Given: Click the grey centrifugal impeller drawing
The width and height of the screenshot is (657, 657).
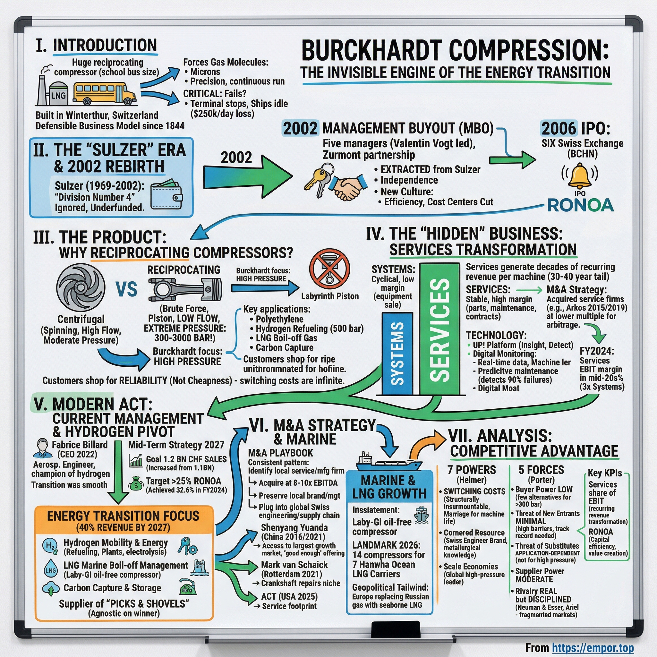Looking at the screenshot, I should [81, 288].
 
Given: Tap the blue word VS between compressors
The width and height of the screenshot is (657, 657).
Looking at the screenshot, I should [126, 289].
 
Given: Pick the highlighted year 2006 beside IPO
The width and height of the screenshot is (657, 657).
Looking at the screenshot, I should [559, 129].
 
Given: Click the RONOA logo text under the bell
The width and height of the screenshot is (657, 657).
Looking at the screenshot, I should [580, 205].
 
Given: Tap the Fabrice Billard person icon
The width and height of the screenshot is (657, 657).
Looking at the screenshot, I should [41, 448].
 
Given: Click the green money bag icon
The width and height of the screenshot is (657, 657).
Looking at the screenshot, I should [136, 483].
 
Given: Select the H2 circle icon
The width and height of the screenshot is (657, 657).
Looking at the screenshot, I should [50, 546].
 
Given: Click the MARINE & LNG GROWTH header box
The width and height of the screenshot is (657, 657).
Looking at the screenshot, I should [389, 487].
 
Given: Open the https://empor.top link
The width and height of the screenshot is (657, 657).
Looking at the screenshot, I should [593, 647].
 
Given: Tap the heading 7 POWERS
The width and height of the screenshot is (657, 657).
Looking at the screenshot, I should [471, 470].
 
